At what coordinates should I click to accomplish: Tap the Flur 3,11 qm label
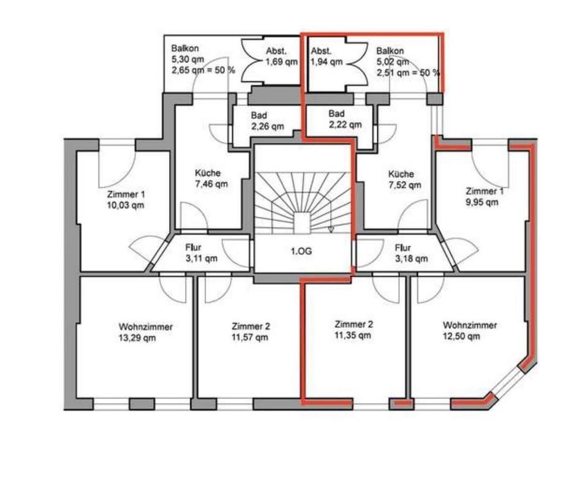pyautogui.click(x=201, y=253)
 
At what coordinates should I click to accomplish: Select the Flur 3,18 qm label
pyautogui.click(x=411, y=253)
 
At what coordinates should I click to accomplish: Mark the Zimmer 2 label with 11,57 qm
pyautogui.click(x=250, y=332)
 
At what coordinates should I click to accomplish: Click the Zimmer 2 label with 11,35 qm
pyautogui.click(x=353, y=329)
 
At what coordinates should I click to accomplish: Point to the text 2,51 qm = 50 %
pyautogui.click(x=409, y=72)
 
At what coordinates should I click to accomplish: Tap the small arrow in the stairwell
pyautogui.click(x=331, y=229)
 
